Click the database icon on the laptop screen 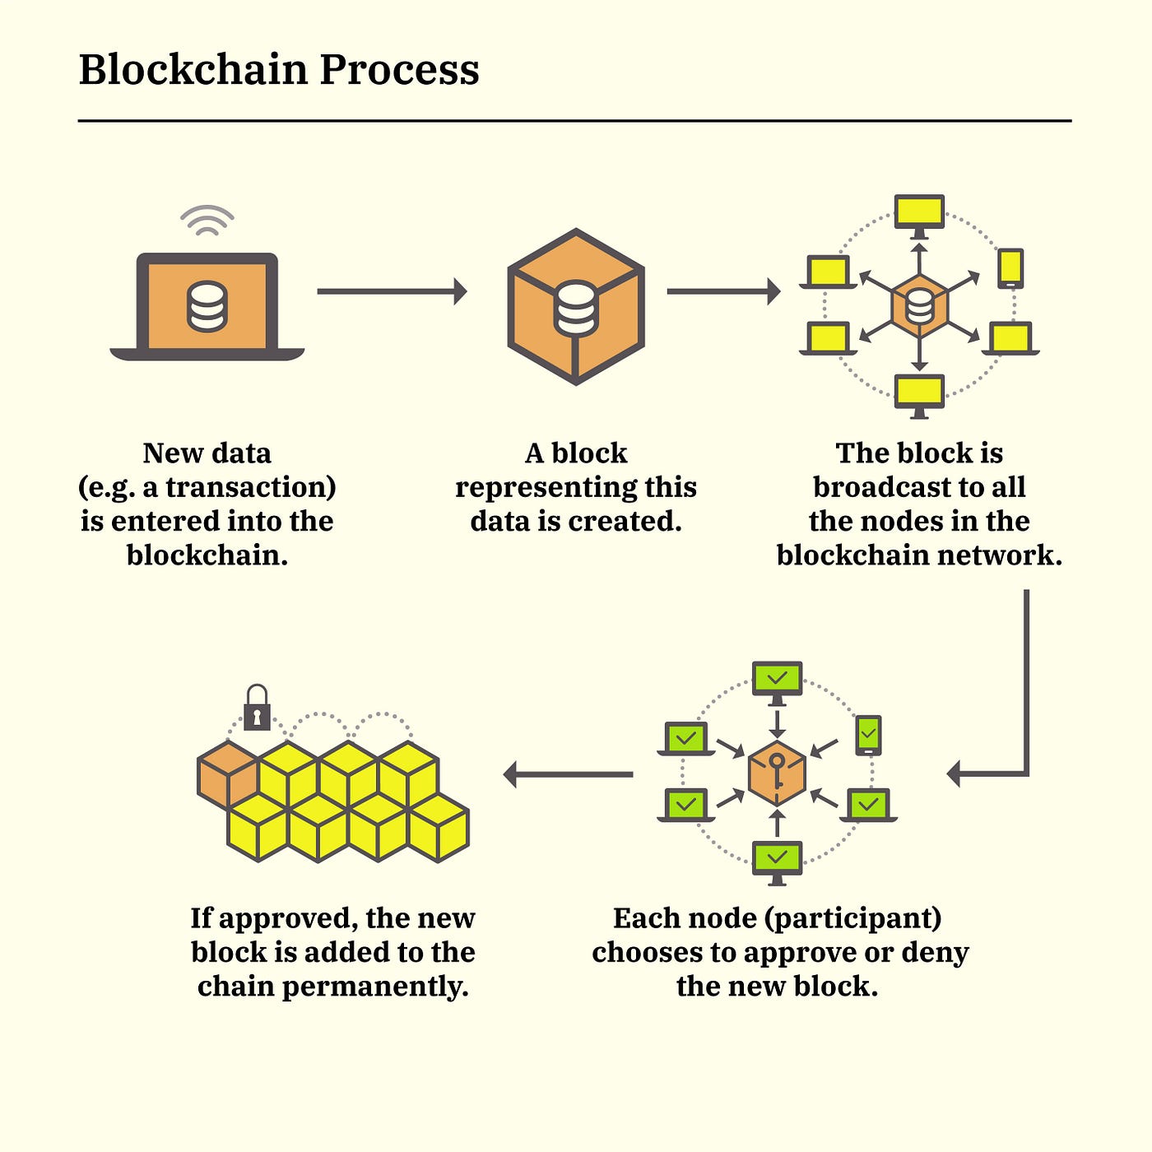(x=207, y=306)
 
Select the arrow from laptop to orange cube (x=392, y=291)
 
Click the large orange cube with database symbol (x=576, y=306)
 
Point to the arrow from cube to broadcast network (x=723, y=291)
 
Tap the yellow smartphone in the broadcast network (x=1010, y=268)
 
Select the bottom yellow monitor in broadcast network (x=919, y=393)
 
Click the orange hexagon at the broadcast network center (x=919, y=307)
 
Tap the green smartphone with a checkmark (x=868, y=733)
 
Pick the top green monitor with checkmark (x=777, y=680)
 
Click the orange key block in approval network (x=777, y=773)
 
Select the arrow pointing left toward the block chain (x=568, y=774)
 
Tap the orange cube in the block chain (x=227, y=773)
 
